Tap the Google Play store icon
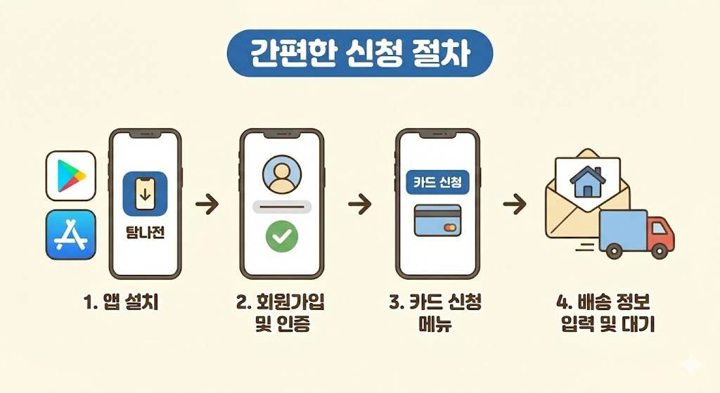click(70, 176)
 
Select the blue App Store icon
click(70, 234)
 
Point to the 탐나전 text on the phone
click(144, 232)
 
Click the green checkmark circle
click(281, 237)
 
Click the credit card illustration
click(437, 221)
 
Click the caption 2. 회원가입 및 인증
click(281, 314)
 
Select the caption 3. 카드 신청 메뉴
click(437, 314)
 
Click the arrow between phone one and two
click(207, 205)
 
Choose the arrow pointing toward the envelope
click(515, 205)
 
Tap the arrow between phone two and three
click(359, 205)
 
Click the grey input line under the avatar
click(281, 207)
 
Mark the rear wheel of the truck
click(613, 250)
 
